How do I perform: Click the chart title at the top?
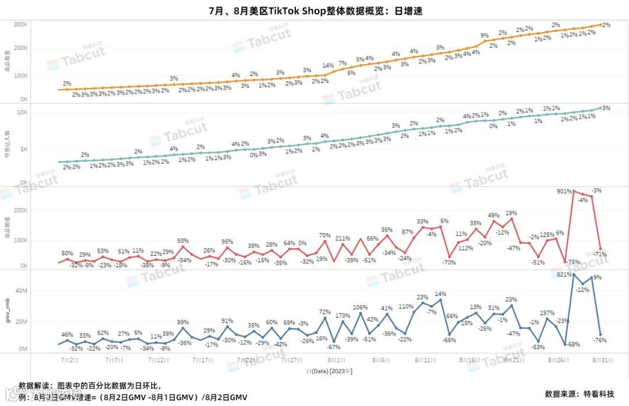click(x=314, y=10)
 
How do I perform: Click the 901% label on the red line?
click(x=565, y=190)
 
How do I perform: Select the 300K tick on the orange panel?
click(x=22, y=24)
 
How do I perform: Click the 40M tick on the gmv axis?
click(x=22, y=291)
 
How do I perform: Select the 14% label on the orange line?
click(x=327, y=66)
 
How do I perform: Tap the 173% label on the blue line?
click(x=342, y=315)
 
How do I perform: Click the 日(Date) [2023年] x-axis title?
click(x=329, y=370)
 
